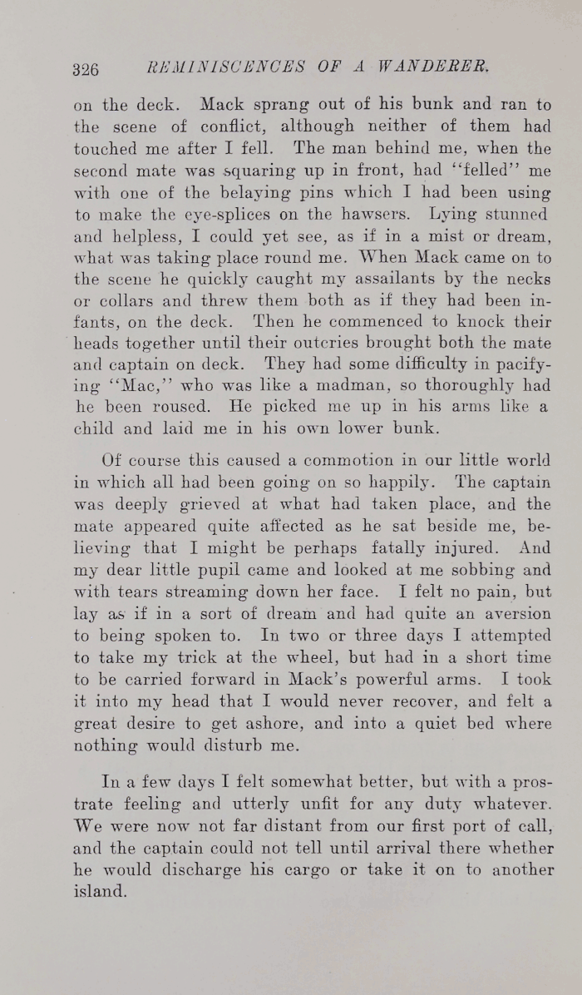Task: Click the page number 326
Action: click(x=86, y=69)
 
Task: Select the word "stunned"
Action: click(x=516, y=214)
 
